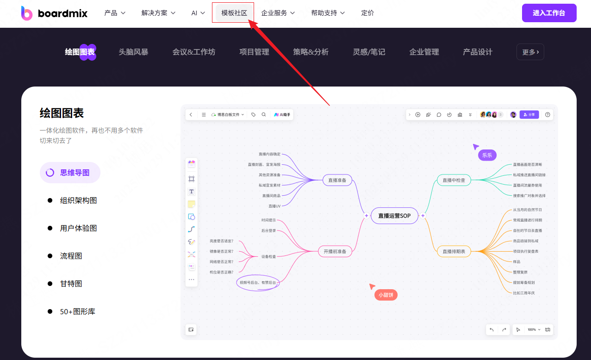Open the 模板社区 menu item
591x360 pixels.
234,13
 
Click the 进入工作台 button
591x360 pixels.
549,13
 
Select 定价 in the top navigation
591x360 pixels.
367,13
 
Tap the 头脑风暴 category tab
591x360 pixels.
133,52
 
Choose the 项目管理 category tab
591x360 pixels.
254,52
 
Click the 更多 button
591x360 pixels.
530,52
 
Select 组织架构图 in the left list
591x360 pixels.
78,200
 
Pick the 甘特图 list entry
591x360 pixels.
71,284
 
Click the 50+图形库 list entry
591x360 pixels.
77,311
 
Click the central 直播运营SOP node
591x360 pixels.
394,216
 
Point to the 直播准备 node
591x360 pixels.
337,180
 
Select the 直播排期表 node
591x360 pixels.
454,251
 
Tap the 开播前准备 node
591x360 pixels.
335,251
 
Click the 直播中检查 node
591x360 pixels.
454,180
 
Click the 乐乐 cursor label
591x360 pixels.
487,155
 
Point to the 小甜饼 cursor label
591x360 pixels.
386,295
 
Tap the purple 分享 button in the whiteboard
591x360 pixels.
529,114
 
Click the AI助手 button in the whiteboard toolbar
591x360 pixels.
282,114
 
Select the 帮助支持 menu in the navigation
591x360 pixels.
328,13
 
